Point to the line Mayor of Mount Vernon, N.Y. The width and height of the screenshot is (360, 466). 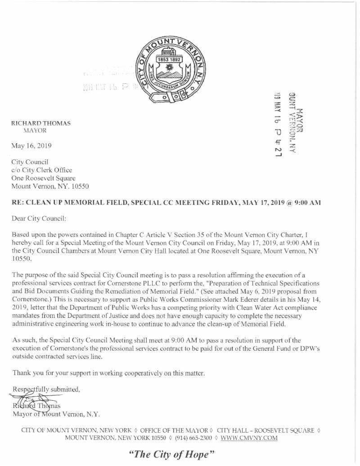tap(56, 413)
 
